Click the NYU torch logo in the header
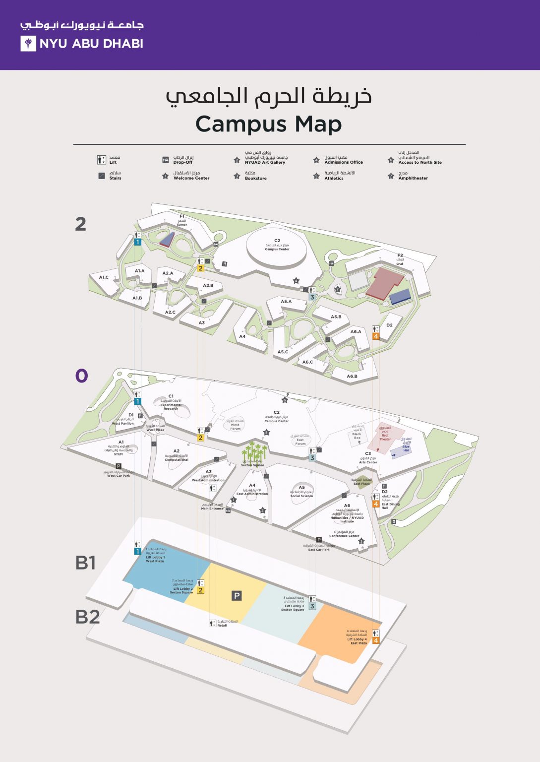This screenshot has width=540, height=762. pos(28,44)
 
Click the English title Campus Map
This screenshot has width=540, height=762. pos(268,124)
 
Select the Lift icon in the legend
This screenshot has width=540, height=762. pos(102,160)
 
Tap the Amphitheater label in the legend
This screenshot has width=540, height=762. pos(413,178)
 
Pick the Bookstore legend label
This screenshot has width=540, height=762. pos(255,178)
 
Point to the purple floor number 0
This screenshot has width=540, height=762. pos(81,376)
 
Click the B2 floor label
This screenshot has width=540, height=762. pos(87,617)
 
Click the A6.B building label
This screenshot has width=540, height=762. pos(352,376)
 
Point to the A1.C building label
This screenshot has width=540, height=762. pos(104,277)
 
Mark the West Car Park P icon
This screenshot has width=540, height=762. pos(119,466)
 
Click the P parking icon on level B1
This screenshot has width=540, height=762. pos(237,596)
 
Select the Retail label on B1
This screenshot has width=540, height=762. pos(222,625)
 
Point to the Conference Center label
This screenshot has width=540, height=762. pos(344,536)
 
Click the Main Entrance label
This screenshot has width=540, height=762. pos(212,508)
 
